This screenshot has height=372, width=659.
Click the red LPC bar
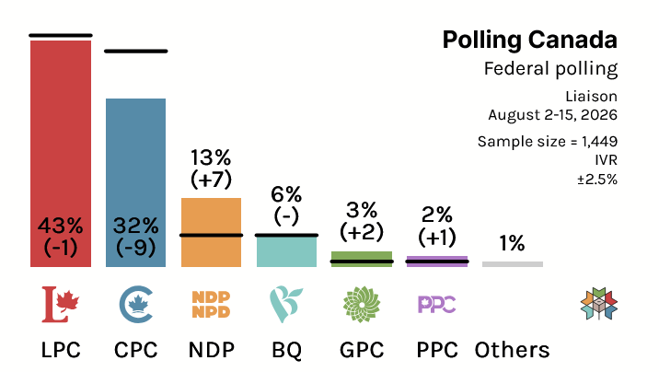tap(61, 154)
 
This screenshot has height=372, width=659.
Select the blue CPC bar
tap(135, 183)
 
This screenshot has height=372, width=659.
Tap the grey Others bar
tap(513, 264)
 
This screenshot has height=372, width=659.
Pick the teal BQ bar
tap(286, 251)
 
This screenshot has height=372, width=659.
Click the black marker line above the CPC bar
tap(135, 52)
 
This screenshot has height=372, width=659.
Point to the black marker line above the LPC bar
tap(61, 35)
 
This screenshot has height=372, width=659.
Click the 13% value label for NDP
tap(211, 158)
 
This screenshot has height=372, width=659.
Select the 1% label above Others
tap(513, 243)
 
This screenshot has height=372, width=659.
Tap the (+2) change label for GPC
tap(362, 232)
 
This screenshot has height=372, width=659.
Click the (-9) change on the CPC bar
tap(135, 247)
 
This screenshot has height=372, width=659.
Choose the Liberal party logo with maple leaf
tap(61, 305)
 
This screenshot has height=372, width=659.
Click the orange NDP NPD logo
tap(211, 305)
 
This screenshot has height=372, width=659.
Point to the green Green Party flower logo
tap(362, 305)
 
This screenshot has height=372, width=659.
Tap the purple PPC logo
tap(437, 305)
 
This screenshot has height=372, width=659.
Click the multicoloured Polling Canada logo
tap(599, 304)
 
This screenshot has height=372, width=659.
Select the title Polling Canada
tap(530, 41)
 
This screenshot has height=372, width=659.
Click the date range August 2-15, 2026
tap(552, 115)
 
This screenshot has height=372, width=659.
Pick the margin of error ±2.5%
tap(597, 180)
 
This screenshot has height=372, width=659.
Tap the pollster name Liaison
tap(591, 97)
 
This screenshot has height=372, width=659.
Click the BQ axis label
tap(286, 350)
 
